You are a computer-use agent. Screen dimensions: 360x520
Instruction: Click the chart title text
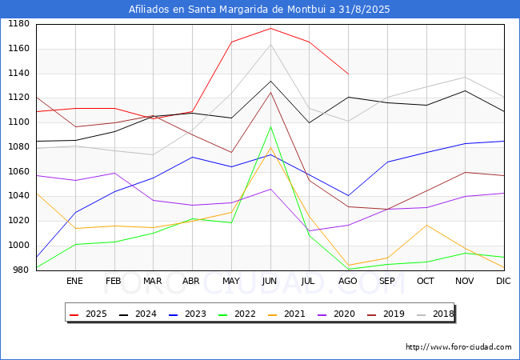pos(260,10)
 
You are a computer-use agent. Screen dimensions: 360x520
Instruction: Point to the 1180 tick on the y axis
pos(18,24)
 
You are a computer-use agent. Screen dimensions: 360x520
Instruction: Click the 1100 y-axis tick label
pos(18,122)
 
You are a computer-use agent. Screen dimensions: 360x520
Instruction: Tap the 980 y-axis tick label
pos(21,270)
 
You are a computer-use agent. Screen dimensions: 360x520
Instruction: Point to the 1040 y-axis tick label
pos(18,196)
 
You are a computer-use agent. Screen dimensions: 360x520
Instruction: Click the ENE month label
pos(74,281)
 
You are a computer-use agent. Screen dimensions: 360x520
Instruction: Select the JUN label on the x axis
pos(270,281)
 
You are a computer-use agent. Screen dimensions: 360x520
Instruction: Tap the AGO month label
pos(348,281)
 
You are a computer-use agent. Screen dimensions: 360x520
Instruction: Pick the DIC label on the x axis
pos(503,281)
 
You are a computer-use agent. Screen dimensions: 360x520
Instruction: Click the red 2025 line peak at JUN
pos(270,28)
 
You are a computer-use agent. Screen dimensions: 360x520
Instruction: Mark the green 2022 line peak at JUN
pos(270,126)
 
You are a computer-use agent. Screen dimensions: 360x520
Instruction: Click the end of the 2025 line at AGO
pos(348,74)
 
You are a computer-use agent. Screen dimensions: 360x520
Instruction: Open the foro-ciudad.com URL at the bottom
pos(458,347)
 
